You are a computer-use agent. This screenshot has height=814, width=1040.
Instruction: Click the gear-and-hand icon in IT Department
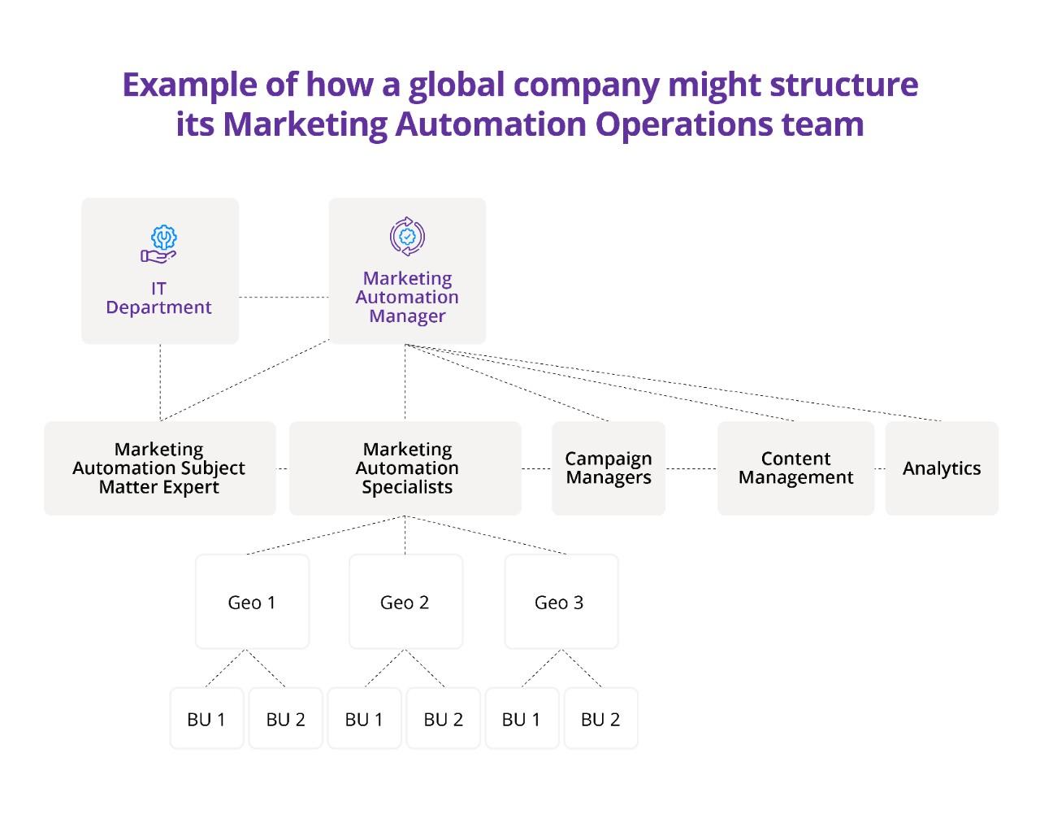pyautogui.click(x=158, y=244)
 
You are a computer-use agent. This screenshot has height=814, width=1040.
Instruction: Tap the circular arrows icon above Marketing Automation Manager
pyautogui.click(x=407, y=237)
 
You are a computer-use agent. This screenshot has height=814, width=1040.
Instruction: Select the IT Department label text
pyautogui.click(x=158, y=298)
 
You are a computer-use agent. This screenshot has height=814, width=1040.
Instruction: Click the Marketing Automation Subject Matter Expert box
pyautogui.click(x=159, y=468)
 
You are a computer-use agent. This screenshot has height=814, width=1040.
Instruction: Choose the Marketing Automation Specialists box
pyautogui.click(x=405, y=468)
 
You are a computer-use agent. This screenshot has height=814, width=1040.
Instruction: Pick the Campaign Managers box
pyautogui.click(x=609, y=468)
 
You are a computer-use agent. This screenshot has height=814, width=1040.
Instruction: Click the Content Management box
pyautogui.click(x=795, y=468)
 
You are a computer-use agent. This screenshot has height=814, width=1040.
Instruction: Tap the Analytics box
pyautogui.click(x=942, y=468)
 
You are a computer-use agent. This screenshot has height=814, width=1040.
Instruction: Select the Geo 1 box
pyautogui.click(x=252, y=602)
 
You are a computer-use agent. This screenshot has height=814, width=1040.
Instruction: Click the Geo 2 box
pyautogui.click(x=406, y=602)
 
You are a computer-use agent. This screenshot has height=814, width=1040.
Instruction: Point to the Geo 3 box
pyautogui.click(x=561, y=602)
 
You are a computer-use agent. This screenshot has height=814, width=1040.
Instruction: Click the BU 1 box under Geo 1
pyautogui.click(x=206, y=718)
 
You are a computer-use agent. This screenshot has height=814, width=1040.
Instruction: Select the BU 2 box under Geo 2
pyautogui.click(x=443, y=718)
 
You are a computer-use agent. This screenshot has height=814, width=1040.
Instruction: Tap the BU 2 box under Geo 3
pyautogui.click(x=600, y=718)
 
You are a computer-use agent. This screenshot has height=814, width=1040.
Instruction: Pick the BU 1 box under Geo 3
pyautogui.click(x=522, y=718)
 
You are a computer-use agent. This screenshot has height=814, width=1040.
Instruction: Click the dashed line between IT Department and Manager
pyautogui.click(x=284, y=298)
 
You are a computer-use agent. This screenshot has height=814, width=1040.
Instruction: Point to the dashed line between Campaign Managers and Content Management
pyautogui.click(x=691, y=468)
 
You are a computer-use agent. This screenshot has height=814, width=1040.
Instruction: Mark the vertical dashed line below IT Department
pyautogui.click(x=160, y=382)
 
